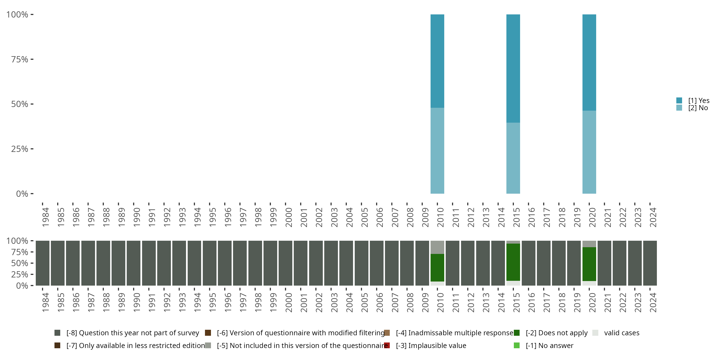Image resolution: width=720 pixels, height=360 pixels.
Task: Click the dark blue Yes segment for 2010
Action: tap(437, 61)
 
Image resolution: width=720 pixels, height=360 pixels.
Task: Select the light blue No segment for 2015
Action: tap(513, 158)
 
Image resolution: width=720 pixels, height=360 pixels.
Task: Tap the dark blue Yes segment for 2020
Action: tap(589, 62)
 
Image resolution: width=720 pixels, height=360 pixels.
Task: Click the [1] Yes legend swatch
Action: tap(679, 100)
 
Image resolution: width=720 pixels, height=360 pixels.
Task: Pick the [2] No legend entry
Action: tap(698, 108)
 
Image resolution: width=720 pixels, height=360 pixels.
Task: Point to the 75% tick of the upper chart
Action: tap(32, 59)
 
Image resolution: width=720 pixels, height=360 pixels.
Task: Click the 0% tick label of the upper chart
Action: tap(22, 194)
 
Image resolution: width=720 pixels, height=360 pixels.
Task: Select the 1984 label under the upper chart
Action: tap(46, 217)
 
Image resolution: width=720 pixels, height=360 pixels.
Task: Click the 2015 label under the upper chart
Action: tap(516, 217)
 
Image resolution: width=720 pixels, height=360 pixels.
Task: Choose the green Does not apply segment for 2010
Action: tap(437, 268)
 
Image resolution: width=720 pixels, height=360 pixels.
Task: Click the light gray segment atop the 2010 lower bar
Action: tap(437, 247)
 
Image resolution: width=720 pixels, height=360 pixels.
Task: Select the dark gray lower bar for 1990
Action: tap(134, 263)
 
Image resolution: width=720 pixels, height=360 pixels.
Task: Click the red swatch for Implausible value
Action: tap(387, 345)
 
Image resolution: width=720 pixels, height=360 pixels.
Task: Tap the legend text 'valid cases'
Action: tap(622, 333)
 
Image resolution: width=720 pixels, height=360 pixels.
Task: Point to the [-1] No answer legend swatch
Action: tap(516, 345)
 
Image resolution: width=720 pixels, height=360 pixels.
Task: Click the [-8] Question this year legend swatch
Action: tap(57, 333)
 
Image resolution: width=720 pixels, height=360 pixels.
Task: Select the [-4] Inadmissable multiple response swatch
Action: tap(387, 333)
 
